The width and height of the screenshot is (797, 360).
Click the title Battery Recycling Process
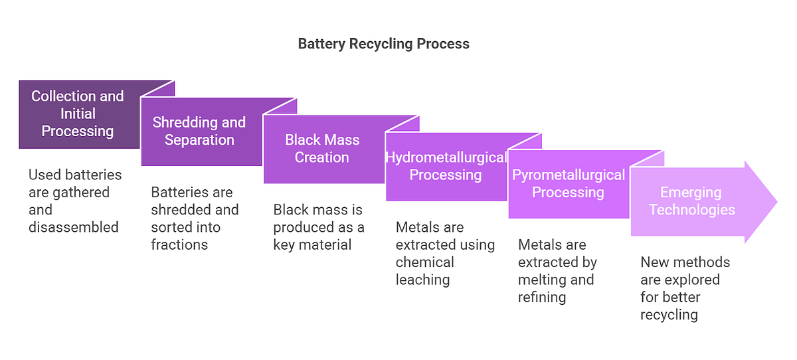point(383,44)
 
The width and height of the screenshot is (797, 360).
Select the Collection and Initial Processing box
point(78,114)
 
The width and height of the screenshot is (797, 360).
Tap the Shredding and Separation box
point(199,132)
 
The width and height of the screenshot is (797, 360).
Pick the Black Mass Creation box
point(322,149)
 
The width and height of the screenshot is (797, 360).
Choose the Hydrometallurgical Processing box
point(446,166)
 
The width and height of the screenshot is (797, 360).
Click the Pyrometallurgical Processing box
point(568,183)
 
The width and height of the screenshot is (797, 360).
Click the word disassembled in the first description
point(74,227)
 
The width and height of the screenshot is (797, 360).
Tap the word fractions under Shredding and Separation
point(179,244)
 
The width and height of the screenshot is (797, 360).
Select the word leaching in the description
point(422,280)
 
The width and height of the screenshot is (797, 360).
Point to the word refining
point(541,297)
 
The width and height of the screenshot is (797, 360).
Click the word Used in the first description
point(43,175)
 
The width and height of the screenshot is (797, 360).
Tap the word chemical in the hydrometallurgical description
point(425,262)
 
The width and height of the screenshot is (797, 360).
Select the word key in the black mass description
point(284,244)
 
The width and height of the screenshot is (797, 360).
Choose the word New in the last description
point(655,262)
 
